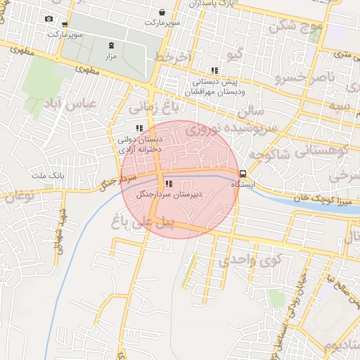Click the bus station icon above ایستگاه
click(x=243, y=174)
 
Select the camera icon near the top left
click(x=49, y=19)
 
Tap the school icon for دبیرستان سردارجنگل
click(x=167, y=184)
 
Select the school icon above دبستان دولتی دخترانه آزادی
click(x=139, y=128)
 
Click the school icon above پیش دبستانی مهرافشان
click(x=214, y=70)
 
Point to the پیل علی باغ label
click(x=141, y=224)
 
